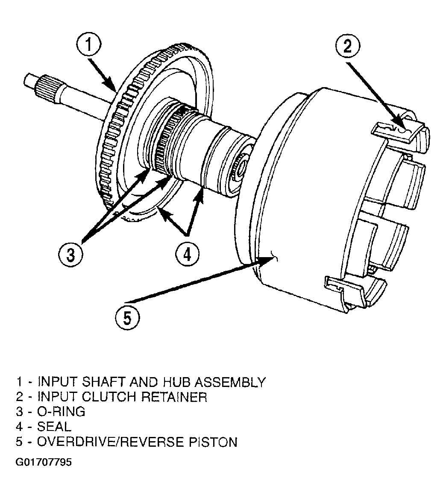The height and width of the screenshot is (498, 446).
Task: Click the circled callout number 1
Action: [x=88, y=44]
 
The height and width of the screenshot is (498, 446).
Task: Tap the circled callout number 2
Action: [x=348, y=47]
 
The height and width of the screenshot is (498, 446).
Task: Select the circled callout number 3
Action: [x=70, y=255]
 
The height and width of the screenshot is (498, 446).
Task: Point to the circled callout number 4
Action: [x=188, y=254]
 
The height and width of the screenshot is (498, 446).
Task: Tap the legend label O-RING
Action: [x=62, y=412]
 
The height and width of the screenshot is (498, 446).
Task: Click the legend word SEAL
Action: [x=54, y=427]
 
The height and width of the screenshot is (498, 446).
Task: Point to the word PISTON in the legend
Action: [x=213, y=442]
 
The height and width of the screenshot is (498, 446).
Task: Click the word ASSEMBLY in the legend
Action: [x=230, y=382]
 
